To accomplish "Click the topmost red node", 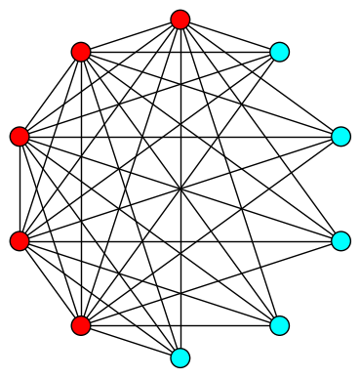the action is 180,20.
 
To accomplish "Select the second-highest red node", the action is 81,52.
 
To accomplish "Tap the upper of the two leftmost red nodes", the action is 20,137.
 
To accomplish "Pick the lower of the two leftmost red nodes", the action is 20,240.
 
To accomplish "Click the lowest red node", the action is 81,325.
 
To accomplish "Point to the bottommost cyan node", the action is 180,357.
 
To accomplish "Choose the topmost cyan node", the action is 279,52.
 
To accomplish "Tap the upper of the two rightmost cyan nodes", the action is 340,137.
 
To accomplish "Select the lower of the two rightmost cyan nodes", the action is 340,240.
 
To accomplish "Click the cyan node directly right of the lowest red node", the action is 279,325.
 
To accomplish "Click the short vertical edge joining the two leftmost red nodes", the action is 20,189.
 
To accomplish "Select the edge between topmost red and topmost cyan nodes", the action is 229,35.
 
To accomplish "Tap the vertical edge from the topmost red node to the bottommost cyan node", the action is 180,107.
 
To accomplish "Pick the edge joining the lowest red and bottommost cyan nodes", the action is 131,342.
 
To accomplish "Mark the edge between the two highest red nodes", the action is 131,35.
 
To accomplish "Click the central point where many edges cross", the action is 180,189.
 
